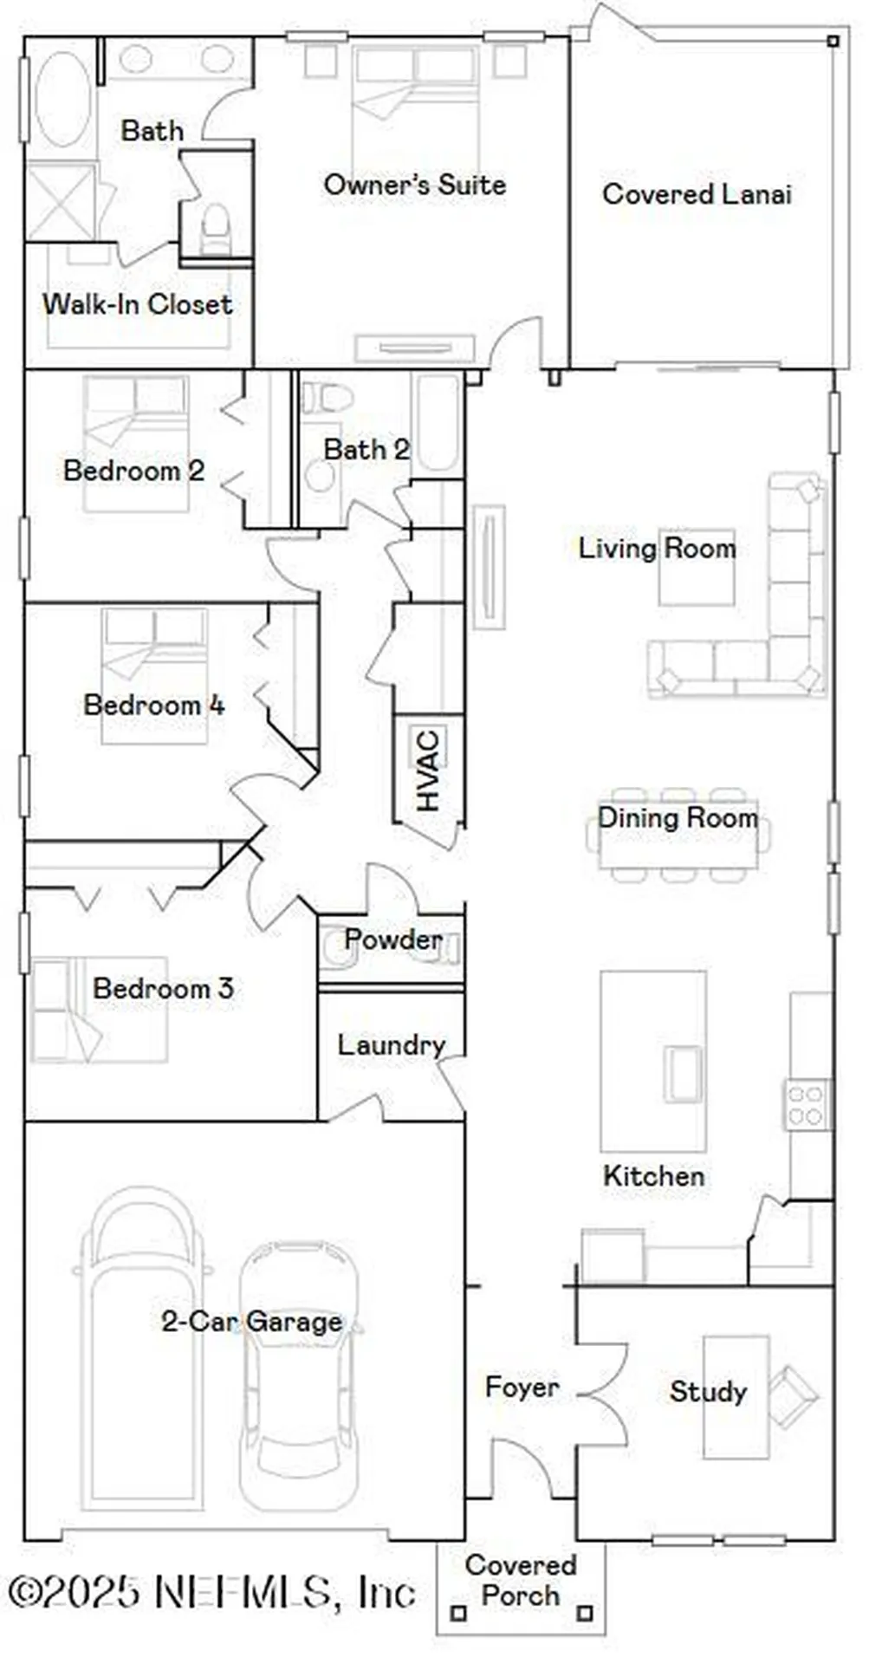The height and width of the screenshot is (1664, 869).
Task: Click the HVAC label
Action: [428, 770]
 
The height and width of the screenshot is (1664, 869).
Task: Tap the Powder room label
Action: [392, 939]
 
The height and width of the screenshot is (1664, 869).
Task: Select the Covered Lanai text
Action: [697, 194]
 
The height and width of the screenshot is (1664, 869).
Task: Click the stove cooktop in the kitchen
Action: [807, 1104]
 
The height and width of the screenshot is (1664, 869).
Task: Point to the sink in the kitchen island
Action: [683, 1074]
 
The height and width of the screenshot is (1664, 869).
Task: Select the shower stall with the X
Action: [60, 201]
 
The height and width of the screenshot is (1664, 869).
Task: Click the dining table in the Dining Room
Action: [678, 835]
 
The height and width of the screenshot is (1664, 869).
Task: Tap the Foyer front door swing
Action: [522, 1469]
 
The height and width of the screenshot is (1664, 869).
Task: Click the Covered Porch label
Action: [520, 1579]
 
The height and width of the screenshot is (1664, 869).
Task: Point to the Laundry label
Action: [391, 1045]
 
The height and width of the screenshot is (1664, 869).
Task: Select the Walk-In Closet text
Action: [137, 304]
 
